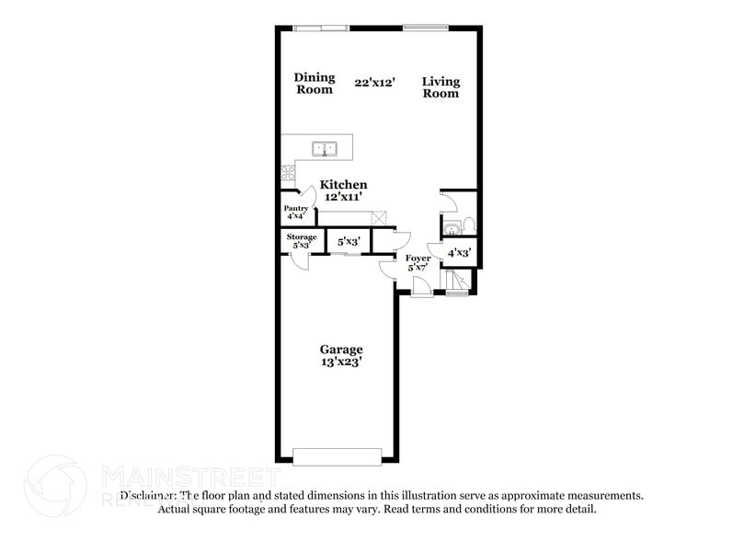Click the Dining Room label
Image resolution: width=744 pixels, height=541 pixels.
(x=315, y=84)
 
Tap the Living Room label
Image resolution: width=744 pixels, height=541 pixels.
(x=441, y=87)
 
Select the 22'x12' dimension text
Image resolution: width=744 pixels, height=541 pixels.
(x=375, y=82)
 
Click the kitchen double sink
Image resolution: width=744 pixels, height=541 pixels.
(x=325, y=147)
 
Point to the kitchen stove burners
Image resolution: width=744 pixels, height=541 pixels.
(x=288, y=171)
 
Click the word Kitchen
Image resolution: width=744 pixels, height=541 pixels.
(x=343, y=185)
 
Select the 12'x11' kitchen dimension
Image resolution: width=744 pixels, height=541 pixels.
(x=343, y=197)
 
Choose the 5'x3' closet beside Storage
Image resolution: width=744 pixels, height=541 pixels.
(x=349, y=242)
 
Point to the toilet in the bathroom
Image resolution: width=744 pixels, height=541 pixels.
(x=465, y=225)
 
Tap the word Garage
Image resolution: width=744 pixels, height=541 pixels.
(x=341, y=350)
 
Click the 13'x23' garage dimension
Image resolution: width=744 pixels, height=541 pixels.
(x=341, y=363)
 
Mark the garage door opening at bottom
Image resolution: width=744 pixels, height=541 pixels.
(x=337, y=456)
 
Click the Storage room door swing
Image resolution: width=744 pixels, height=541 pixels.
(x=300, y=260)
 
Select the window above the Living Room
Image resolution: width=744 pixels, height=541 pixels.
(x=426, y=27)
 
